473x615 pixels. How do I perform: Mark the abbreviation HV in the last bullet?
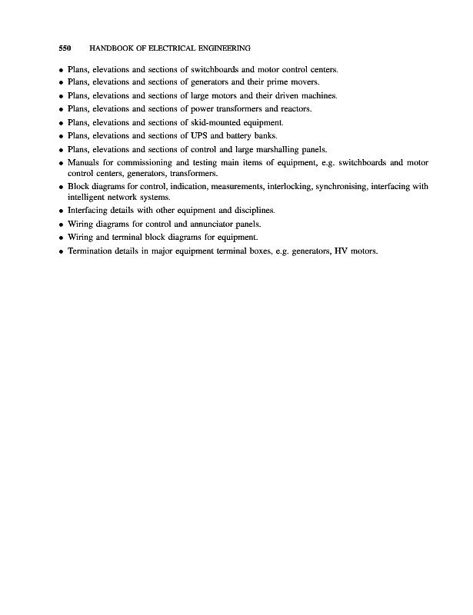339,251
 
